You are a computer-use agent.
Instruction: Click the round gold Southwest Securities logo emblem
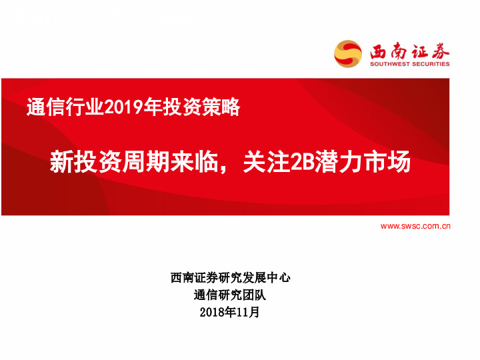pyautogui.click(x=348, y=53)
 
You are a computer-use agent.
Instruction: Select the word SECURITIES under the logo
pyautogui.click(x=430, y=65)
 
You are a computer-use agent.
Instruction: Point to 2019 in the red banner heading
pyautogui.click(x=120, y=107)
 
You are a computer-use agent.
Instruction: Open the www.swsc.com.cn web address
pyautogui.click(x=415, y=226)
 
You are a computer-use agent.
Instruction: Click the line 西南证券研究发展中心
pyautogui.click(x=230, y=278)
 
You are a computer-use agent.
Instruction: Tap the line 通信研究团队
pyautogui.click(x=230, y=295)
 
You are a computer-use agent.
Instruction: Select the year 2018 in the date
pyautogui.click(x=211, y=313)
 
